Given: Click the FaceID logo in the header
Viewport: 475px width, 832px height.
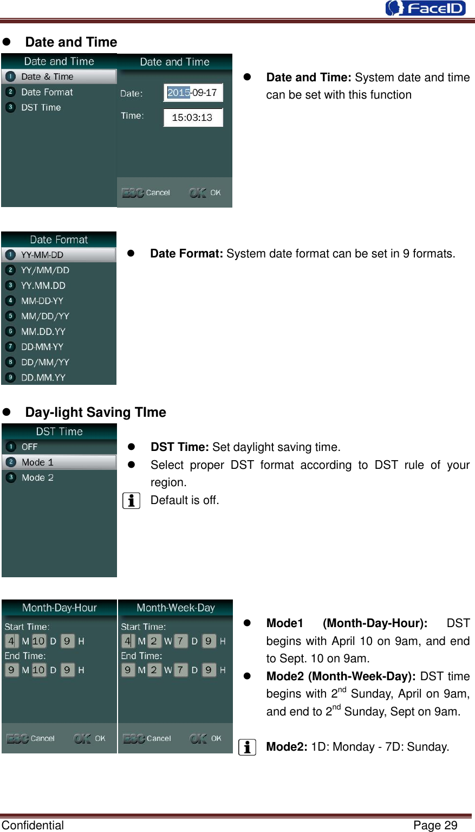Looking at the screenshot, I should tap(425, 8).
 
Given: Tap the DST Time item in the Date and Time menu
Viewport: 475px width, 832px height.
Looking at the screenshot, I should tap(41, 107).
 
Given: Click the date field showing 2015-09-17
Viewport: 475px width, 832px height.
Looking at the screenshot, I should tap(193, 93).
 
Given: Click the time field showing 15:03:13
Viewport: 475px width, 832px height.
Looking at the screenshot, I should tap(193, 118).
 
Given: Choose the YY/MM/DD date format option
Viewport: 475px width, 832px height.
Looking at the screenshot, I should tap(45, 270).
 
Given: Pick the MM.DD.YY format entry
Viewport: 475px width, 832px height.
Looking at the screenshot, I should tap(43, 331).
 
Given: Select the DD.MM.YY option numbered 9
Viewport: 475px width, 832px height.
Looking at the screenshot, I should tap(43, 377).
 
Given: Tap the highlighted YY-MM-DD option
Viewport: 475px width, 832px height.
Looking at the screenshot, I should tap(42, 255).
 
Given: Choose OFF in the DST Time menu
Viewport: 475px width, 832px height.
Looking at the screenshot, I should tap(29, 447).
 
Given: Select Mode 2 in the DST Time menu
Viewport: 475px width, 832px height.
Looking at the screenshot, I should tap(37, 478).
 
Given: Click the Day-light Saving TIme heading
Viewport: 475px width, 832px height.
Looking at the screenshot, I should tap(95, 412).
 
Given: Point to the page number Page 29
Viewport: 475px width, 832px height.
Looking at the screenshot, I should tap(435, 825).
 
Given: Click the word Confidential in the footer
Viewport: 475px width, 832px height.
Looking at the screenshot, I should tap(32, 825).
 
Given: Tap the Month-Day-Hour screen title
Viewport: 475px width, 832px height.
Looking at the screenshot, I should tap(60, 608).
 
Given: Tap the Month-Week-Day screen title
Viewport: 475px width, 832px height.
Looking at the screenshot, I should tap(175, 608).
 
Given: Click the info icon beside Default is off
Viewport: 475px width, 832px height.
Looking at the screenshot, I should tap(131, 500).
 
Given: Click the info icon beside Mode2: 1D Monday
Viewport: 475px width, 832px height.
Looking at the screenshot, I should tap(247, 747).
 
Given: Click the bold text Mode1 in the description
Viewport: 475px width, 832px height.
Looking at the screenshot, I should tap(284, 623).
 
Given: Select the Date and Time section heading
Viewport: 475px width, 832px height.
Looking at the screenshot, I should tap(71, 42).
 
